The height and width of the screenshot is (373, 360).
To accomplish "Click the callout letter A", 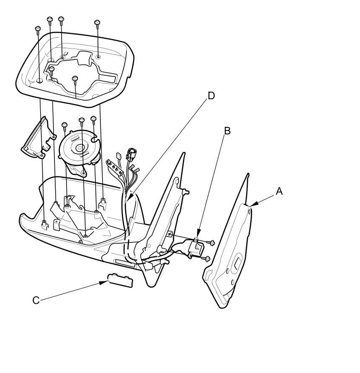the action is click(x=279, y=191).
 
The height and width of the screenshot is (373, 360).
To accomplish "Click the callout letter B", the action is click(x=227, y=131).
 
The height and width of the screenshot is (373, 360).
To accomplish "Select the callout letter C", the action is click(x=36, y=300).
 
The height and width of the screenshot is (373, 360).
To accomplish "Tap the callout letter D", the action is click(x=211, y=95).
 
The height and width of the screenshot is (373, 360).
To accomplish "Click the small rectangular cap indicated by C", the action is click(x=121, y=280).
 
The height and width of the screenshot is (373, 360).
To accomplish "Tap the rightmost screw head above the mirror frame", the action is click(x=97, y=22).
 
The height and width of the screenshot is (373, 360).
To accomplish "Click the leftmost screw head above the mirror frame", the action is click(x=38, y=28).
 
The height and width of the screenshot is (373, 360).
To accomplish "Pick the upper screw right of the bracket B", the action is click(x=211, y=243).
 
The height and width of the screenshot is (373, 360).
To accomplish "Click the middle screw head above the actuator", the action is click(x=82, y=120).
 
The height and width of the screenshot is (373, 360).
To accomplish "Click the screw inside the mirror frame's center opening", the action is click(x=75, y=78).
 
